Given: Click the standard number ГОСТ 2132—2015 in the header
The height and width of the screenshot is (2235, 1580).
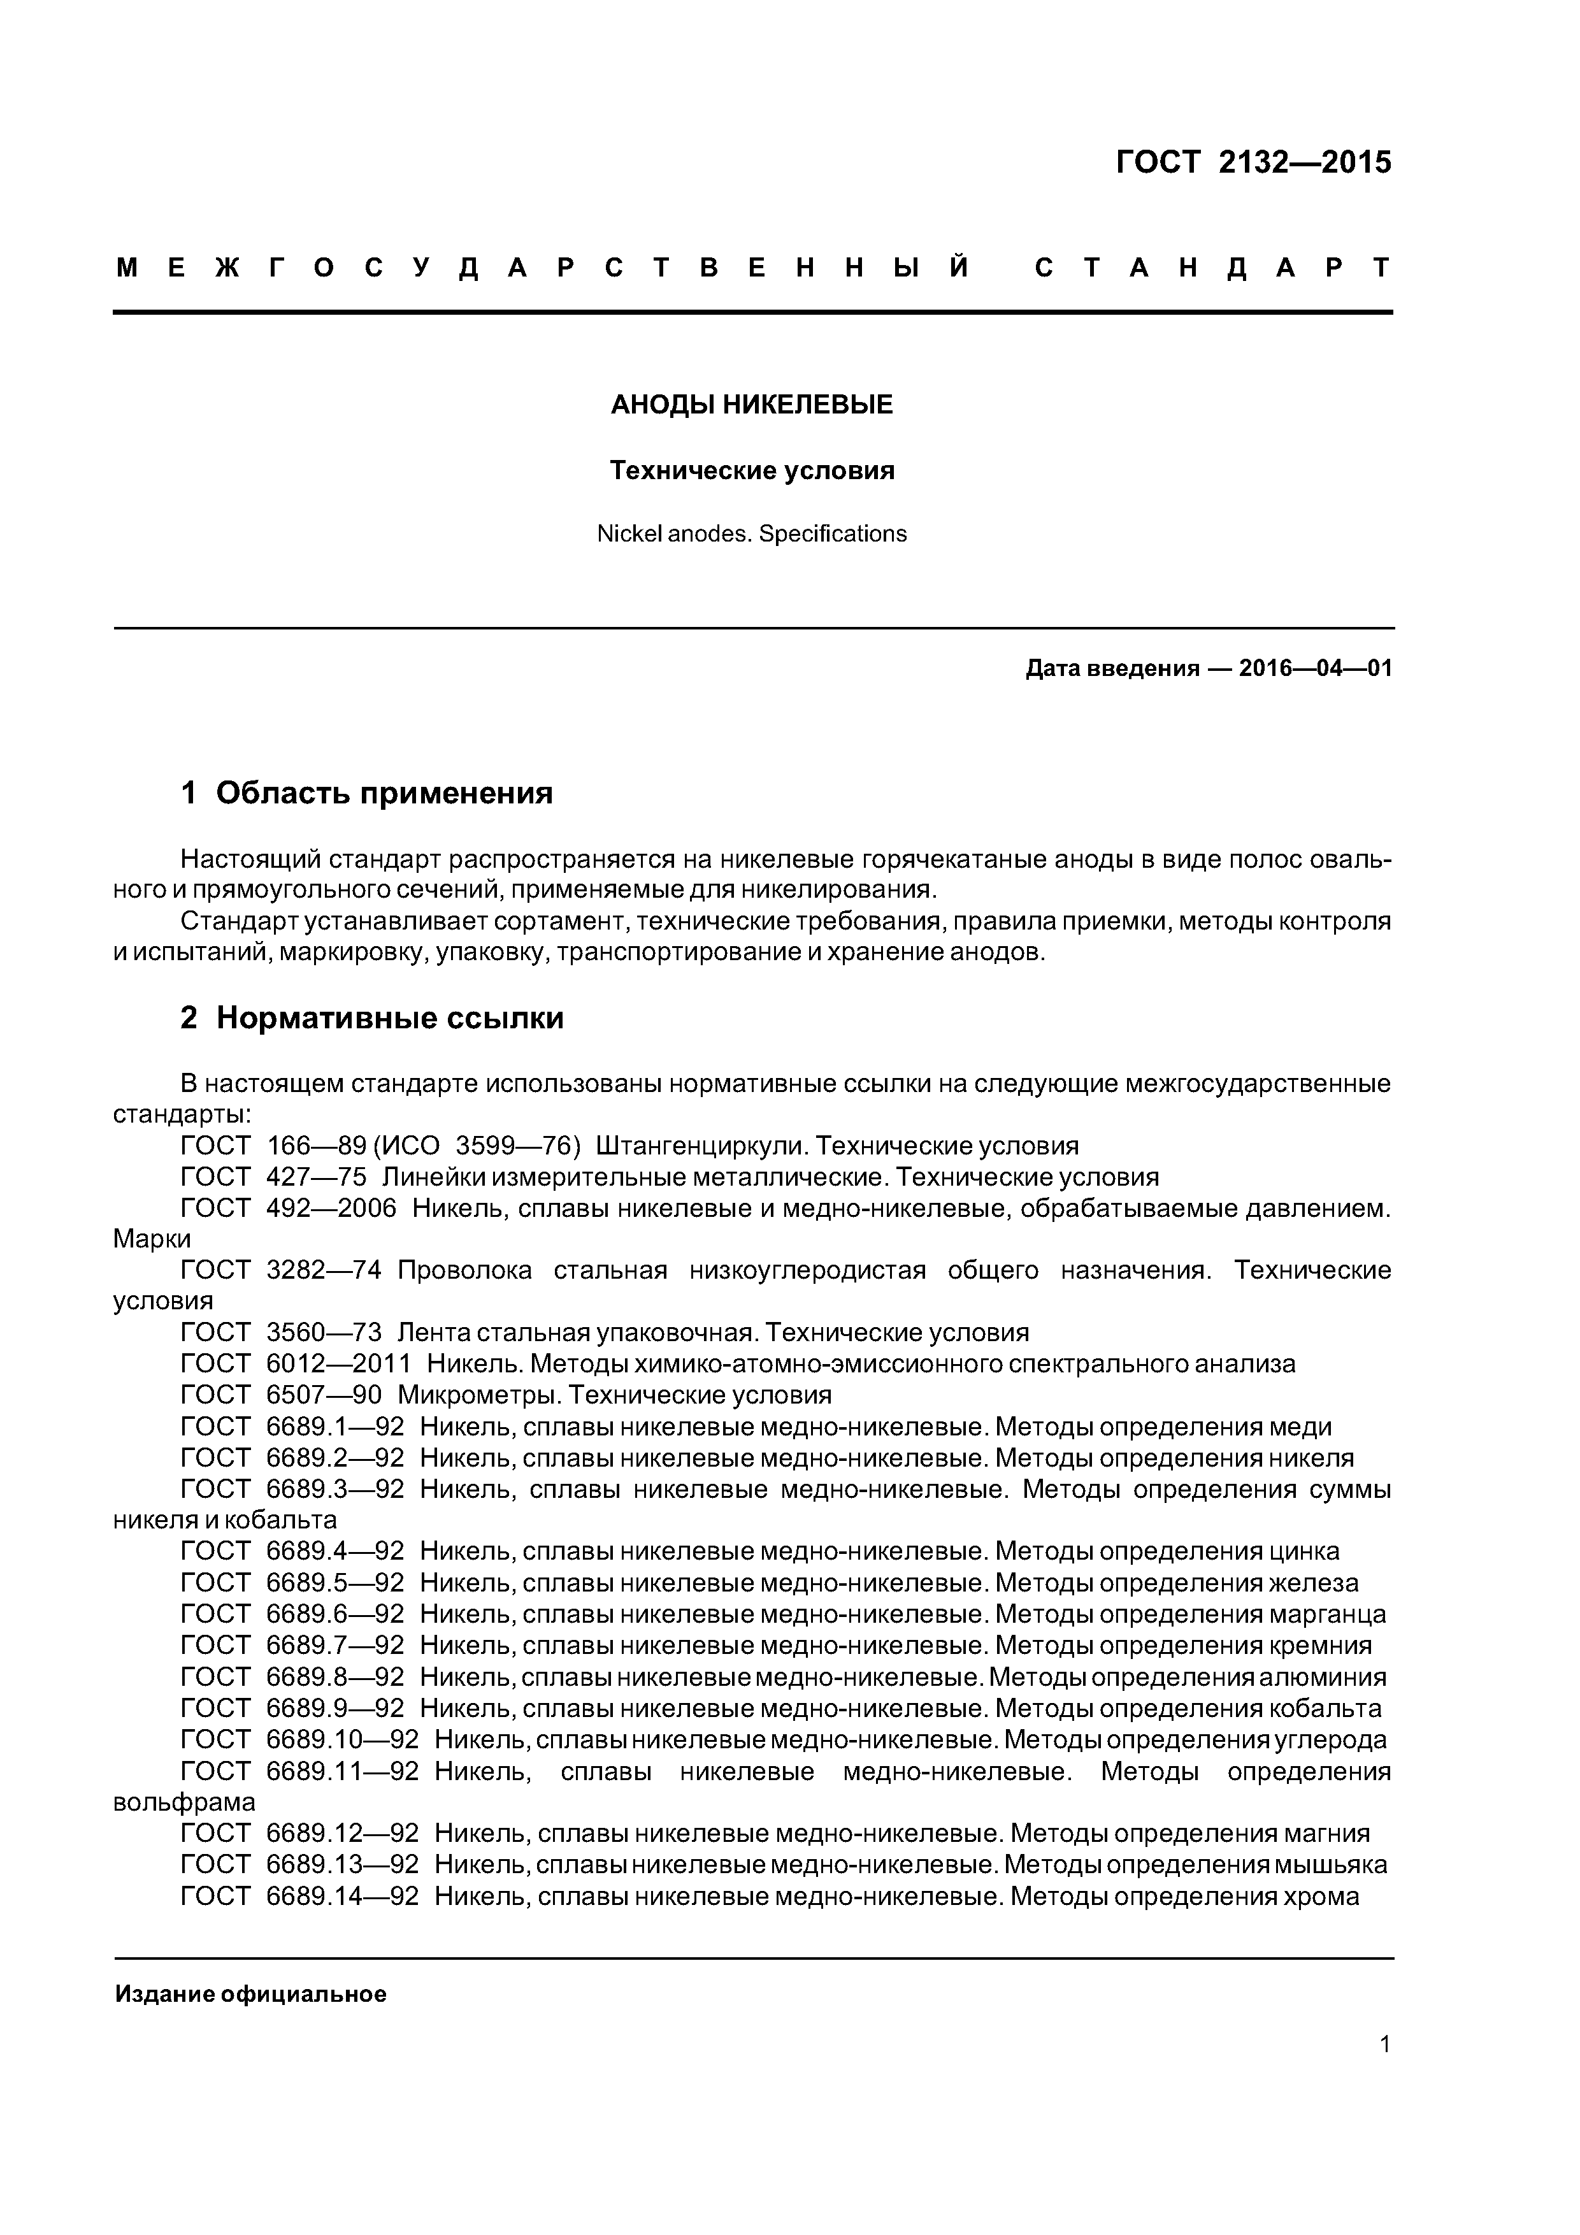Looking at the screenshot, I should point(1253,162).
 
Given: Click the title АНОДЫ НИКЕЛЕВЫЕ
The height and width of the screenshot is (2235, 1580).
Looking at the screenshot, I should point(752,405).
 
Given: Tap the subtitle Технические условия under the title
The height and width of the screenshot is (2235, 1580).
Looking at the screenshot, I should point(752,471).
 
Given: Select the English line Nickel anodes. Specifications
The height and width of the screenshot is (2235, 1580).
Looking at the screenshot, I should point(752,533).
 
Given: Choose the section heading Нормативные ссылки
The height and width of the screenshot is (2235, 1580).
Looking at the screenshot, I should point(389,1018).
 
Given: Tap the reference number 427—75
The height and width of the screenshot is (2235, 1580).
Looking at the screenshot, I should point(317,1177).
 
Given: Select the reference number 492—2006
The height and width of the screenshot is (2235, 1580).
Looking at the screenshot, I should point(332,1208).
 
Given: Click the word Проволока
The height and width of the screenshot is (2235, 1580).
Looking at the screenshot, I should point(464,1270).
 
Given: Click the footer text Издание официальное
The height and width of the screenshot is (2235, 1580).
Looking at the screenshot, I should point(251,1994).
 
